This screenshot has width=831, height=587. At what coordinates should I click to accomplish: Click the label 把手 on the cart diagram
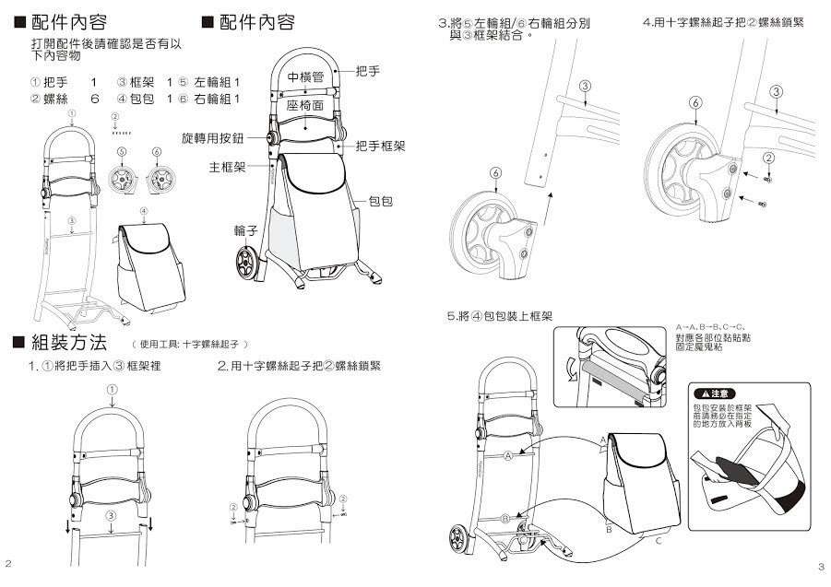(x=367, y=70)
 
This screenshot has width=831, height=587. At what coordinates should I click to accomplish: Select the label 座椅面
(x=304, y=107)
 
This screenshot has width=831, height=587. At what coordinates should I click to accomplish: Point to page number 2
(x=8, y=563)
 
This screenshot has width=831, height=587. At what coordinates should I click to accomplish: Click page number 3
(x=821, y=565)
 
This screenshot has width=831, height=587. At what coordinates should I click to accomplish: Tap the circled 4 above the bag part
(x=144, y=211)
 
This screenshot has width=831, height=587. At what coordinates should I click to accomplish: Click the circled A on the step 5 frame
(x=507, y=456)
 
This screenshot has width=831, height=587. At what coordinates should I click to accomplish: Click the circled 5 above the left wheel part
(x=121, y=150)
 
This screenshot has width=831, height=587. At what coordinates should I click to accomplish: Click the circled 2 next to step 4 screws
(x=767, y=158)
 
